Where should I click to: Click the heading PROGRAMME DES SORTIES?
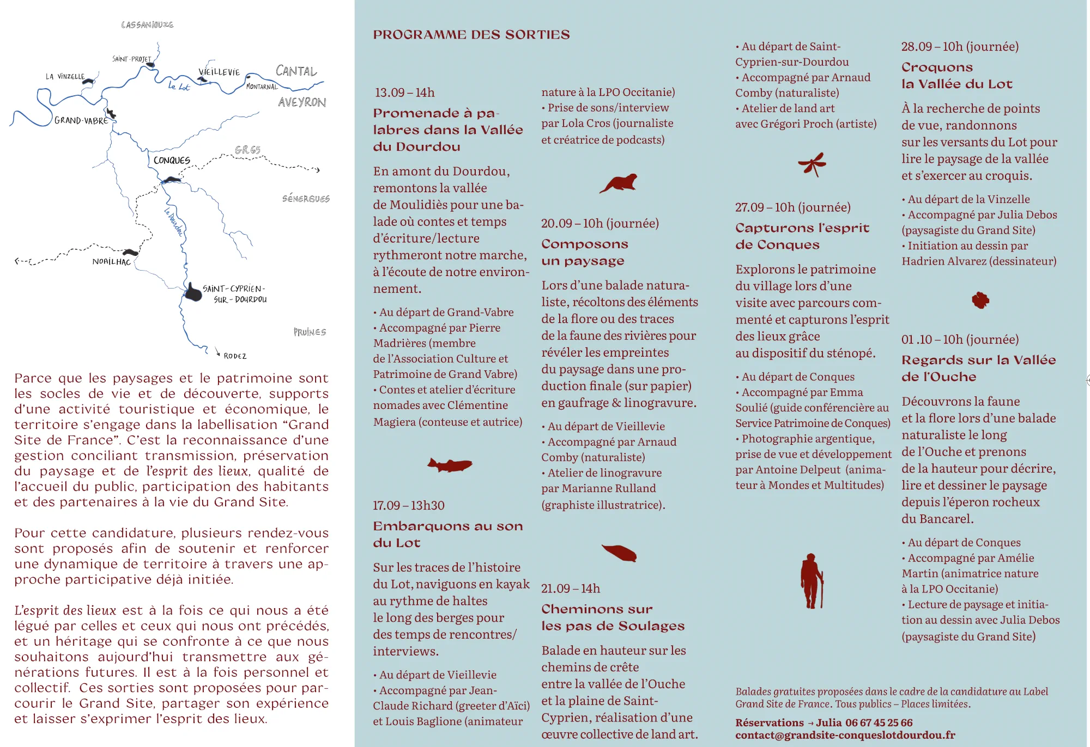471,35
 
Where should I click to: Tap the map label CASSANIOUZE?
147,25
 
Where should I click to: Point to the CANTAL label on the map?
296,71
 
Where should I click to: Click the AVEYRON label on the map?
302,102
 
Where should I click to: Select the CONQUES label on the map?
172,161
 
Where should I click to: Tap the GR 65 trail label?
248,150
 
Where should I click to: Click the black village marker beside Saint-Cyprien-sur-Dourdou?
193,292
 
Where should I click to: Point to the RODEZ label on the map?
235,356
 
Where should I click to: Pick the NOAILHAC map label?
112,262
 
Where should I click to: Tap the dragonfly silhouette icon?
813,164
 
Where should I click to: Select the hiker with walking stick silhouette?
812,581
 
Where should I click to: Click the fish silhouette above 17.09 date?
450,465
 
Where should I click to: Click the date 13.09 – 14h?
404,93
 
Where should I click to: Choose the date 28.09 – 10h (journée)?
960,47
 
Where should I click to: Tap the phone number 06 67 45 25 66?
879,722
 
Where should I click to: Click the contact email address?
845,735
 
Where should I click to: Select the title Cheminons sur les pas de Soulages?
613,617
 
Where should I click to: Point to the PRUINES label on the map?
310,332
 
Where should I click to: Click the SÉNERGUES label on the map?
306,199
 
